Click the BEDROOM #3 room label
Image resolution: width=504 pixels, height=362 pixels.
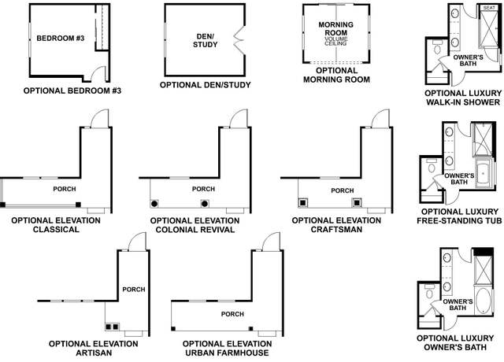61,39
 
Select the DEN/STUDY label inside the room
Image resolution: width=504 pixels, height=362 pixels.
205,41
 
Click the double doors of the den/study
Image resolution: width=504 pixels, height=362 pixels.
239,39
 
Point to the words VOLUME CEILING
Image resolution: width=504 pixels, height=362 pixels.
335,41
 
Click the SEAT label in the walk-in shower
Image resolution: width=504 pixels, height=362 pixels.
489,8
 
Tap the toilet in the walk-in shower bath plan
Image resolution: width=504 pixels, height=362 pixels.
437,47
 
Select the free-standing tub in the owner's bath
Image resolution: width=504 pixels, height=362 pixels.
483,174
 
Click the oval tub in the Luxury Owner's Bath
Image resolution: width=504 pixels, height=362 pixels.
483,301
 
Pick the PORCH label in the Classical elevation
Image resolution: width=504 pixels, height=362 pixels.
65,189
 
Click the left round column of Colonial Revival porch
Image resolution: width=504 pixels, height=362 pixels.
154,203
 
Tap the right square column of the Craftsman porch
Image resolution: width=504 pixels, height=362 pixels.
357,203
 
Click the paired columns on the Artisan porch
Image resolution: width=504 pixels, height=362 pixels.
112,327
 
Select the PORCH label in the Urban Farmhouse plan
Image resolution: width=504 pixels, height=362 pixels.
232,314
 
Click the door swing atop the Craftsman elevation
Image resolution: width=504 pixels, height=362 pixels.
380,120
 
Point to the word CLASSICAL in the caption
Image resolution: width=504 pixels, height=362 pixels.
56,229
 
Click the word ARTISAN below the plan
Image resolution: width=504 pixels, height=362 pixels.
94,353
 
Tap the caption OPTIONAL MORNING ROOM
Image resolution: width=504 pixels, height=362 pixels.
336,75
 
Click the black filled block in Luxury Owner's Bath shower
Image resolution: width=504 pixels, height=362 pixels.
484,252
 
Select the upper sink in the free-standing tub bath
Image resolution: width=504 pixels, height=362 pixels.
449,132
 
